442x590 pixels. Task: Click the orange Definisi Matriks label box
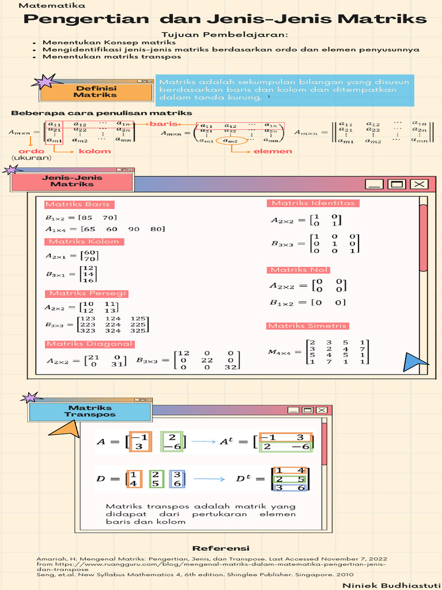pyautogui.click(x=95, y=92)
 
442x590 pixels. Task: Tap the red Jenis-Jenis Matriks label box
pyautogui.click(x=72, y=181)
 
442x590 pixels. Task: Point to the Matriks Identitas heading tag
pyautogui.click(x=314, y=203)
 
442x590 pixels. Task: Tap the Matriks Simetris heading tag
pyautogui.click(x=307, y=326)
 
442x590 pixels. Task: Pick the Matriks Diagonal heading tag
pyautogui.click(x=89, y=344)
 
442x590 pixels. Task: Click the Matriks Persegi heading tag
pyautogui.click(x=86, y=293)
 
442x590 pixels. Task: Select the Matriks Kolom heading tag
pyautogui.click(x=84, y=241)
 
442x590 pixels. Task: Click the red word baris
pyautogui.click(x=163, y=124)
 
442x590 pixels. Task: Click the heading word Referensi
pyautogui.click(x=220, y=548)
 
